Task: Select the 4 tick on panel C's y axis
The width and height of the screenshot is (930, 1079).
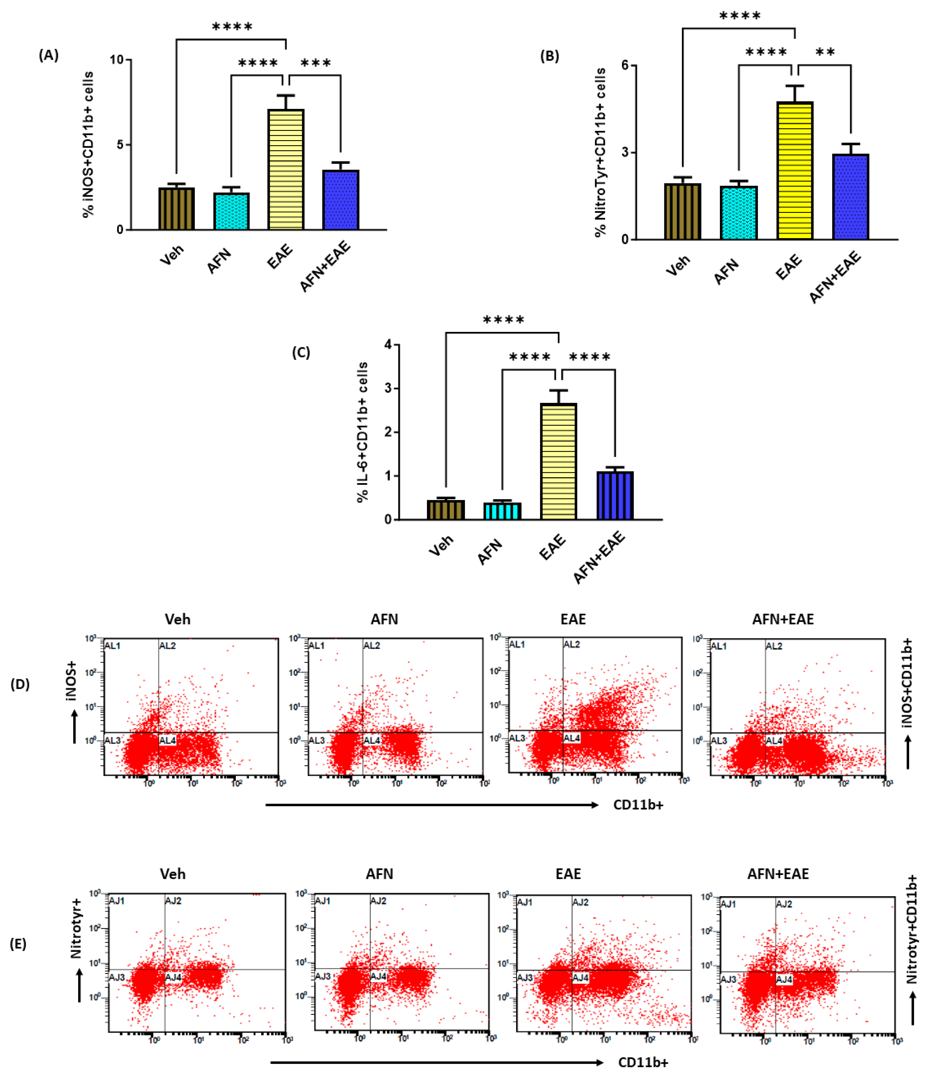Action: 388,345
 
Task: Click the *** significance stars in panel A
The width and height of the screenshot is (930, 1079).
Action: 315,63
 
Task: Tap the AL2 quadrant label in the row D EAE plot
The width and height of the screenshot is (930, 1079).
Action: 571,644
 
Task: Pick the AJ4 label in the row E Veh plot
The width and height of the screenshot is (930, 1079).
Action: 173,977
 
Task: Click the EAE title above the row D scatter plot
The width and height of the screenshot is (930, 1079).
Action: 573,619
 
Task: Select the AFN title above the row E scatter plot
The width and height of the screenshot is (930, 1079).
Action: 379,874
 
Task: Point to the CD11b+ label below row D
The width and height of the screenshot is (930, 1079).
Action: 638,805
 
